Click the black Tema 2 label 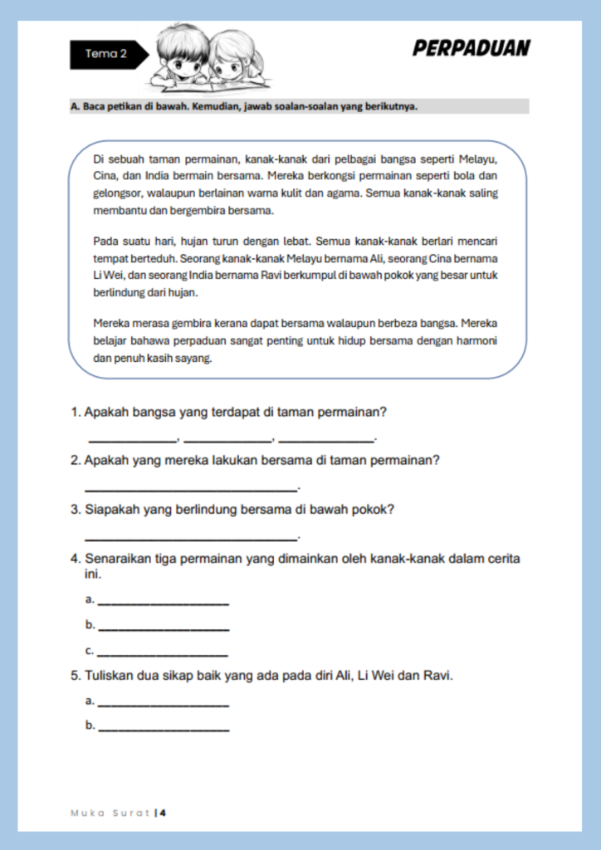[106, 54]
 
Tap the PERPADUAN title [471, 48]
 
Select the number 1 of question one [75, 412]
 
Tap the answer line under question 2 [191, 489]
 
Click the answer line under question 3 [191, 538]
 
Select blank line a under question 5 [163, 705]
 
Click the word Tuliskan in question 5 [110, 677]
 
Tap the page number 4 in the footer [164, 813]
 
